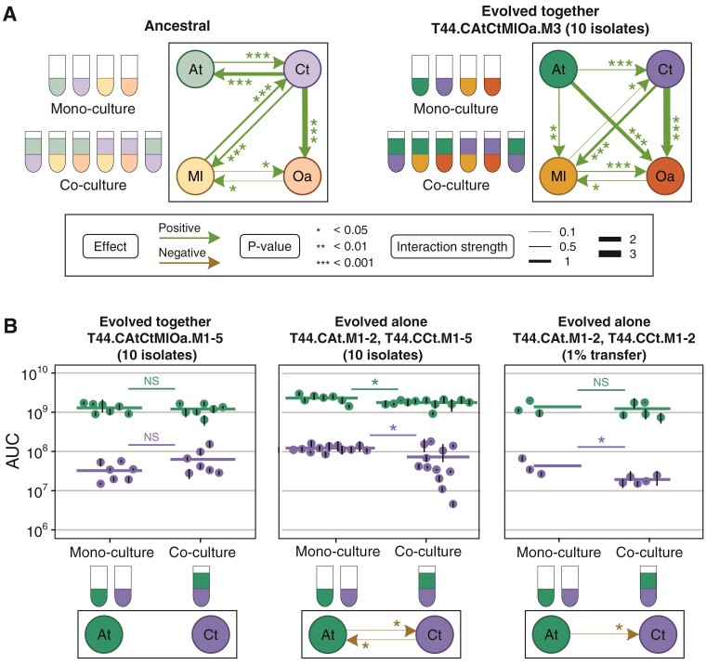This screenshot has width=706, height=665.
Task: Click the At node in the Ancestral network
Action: pos(195,68)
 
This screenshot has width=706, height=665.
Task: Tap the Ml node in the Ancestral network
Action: pos(195,175)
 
